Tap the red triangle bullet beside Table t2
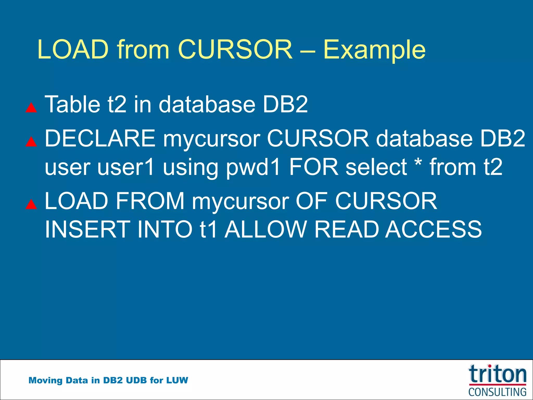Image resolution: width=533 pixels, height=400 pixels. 31,107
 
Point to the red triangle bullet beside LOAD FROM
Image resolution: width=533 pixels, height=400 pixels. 31,204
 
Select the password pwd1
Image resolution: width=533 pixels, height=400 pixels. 253,167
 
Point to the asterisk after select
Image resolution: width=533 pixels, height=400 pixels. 418,163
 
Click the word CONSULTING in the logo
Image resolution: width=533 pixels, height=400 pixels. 497,392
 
